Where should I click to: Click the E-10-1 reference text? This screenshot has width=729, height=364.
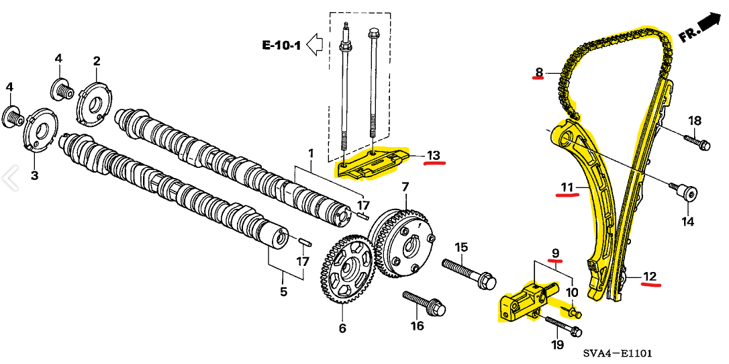281,46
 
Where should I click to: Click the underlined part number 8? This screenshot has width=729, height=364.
538,72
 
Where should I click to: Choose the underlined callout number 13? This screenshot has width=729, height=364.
434,156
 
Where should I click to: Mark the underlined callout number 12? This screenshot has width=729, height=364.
650,276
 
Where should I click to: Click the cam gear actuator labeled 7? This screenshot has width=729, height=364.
403,241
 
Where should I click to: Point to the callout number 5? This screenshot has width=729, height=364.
283,291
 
